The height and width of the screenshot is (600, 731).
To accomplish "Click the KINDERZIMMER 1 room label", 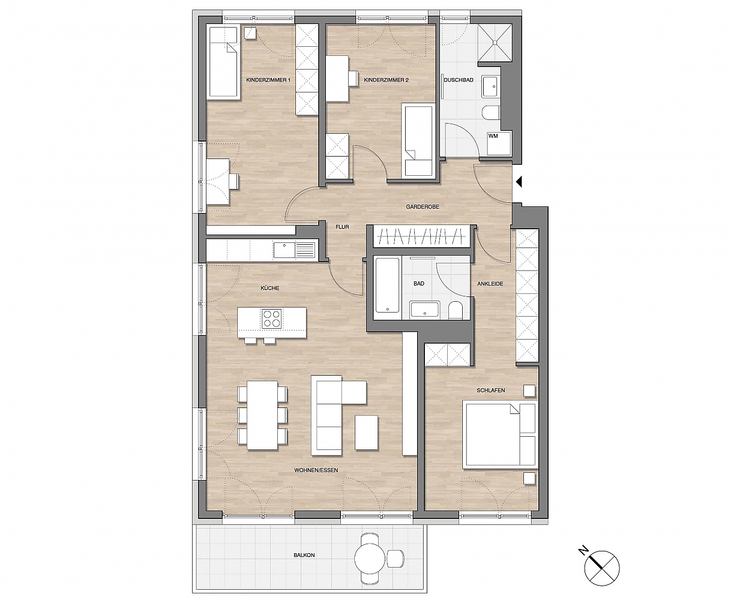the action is (268, 80).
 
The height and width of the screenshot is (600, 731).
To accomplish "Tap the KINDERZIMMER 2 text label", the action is (386, 80).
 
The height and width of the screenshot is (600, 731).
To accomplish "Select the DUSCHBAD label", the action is (458, 80).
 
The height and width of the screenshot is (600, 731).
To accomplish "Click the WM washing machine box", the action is (499, 143).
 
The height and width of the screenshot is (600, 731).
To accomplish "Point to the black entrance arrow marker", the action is (519, 182).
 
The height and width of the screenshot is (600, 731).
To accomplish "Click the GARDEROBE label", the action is (423, 207).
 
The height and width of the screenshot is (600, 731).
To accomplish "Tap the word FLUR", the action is (342, 227).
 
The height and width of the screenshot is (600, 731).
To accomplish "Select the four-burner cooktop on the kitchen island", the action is (271, 319).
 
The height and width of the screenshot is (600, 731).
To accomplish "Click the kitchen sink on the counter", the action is (294, 250).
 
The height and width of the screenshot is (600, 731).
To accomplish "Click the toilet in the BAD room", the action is (456, 310).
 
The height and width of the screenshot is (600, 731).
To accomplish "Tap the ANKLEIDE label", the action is (490, 284).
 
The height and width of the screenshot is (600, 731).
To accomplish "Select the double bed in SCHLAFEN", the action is (500, 434).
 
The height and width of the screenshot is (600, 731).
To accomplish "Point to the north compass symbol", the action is (601, 568).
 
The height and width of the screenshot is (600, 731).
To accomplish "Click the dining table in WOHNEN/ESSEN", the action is (262, 415).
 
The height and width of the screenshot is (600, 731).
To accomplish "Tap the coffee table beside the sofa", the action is (366, 433).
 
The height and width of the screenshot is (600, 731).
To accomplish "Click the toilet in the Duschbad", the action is (491, 113).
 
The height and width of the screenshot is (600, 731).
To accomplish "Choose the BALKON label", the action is (304, 555).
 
